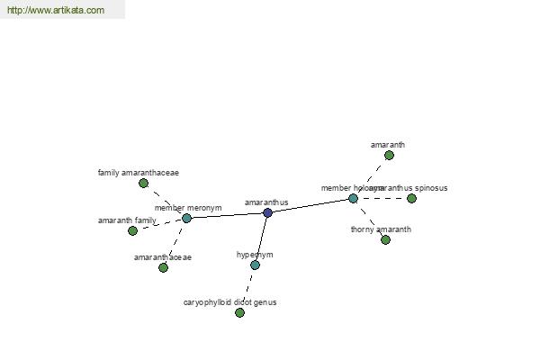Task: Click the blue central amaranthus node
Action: click(267, 212)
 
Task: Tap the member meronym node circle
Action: click(186, 218)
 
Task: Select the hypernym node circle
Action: click(255, 265)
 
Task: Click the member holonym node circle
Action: click(353, 198)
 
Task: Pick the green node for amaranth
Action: click(389, 155)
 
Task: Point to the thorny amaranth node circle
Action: click(385, 239)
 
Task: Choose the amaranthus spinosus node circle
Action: click(411, 198)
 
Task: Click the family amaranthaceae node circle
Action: click(143, 183)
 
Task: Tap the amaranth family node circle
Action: click(132, 230)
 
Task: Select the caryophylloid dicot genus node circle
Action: click(239, 312)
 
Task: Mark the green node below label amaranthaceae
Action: click(163, 267)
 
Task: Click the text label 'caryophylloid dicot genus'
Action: click(229, 302)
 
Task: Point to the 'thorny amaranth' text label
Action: click(381, 229)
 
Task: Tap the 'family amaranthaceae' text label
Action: click(139, 172)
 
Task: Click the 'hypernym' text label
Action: click(255, 255)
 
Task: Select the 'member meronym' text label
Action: click(187, 208)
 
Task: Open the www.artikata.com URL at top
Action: click(55, 11)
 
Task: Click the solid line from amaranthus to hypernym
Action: click(261, 238)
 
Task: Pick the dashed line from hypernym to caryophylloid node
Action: click(247, 288)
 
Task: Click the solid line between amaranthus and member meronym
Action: click(227, 215)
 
